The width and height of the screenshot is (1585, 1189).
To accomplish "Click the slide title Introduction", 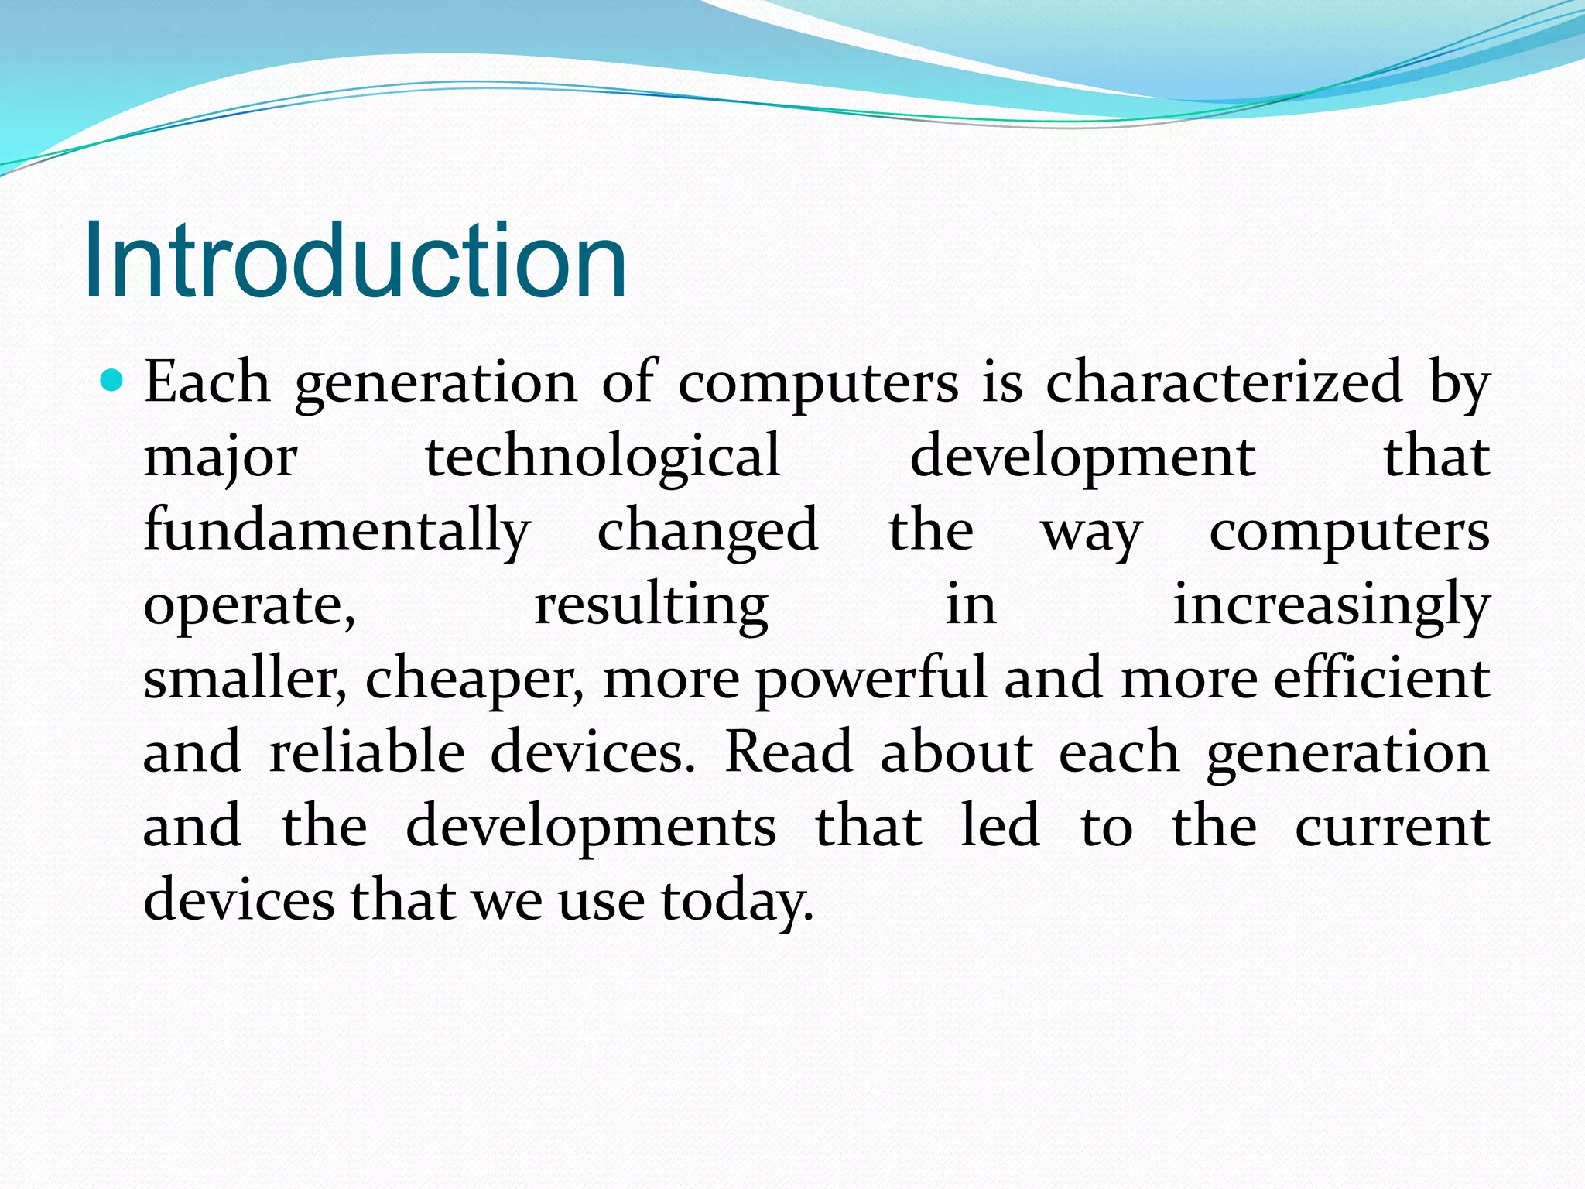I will [x=354, y=260].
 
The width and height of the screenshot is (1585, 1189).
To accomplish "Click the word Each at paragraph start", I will [x=207, y=382].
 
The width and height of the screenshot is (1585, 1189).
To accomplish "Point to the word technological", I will [x=603, y=457].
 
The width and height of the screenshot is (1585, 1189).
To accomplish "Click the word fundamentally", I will [x=337, y=531].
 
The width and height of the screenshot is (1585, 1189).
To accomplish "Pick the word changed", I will [x=707, y=531].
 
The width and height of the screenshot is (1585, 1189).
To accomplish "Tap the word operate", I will [x=249, y=605].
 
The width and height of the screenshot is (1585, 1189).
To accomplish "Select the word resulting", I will [x=651, y=605].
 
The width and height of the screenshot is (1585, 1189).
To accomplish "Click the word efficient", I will [x=1381, y=678].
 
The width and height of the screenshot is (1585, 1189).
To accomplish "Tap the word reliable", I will [x=367, y=752].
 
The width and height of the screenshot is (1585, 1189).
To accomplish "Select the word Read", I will [x=788, y=752].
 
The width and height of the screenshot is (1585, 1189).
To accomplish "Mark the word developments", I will [x=591, y=828].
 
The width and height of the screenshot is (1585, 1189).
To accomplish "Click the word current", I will [x=1392, y=827].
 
